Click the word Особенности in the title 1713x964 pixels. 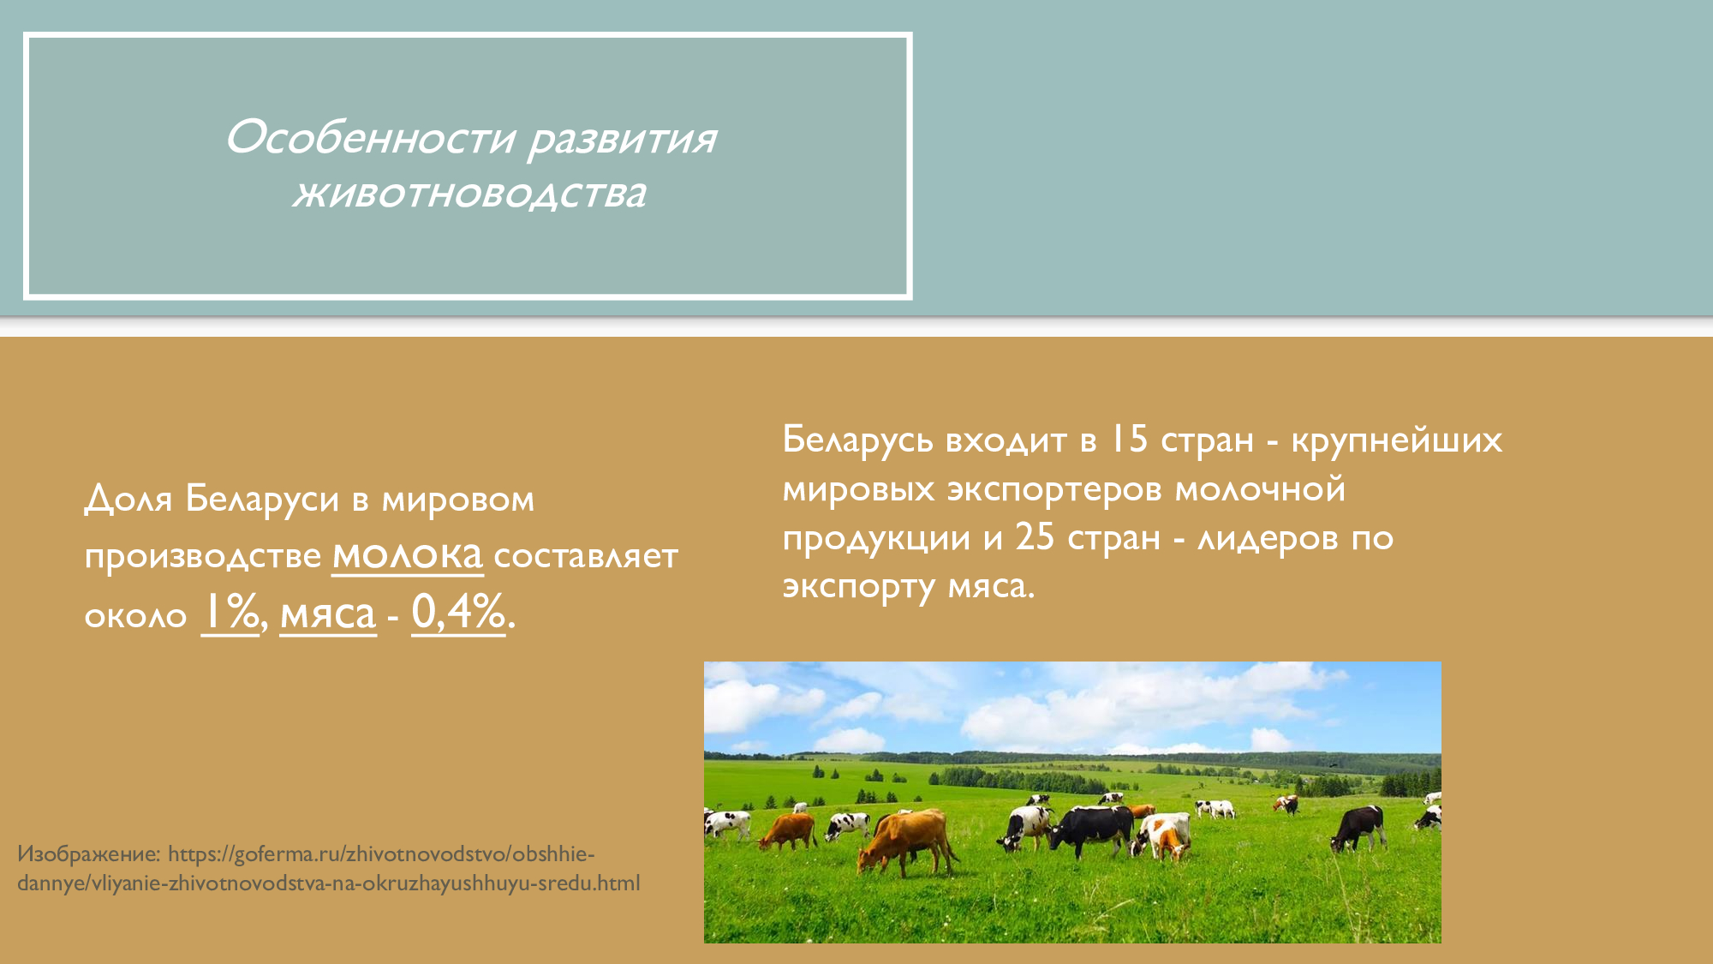371,138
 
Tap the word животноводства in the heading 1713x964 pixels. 469,194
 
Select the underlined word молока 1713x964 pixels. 408,555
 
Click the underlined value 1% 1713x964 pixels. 230,613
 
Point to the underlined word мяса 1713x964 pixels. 328,614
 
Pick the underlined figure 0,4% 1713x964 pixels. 458,613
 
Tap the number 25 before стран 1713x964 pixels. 1035,538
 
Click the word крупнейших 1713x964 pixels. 1396,440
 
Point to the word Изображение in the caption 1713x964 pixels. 88,854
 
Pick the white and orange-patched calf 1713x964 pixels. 1162,835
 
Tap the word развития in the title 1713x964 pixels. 622,138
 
